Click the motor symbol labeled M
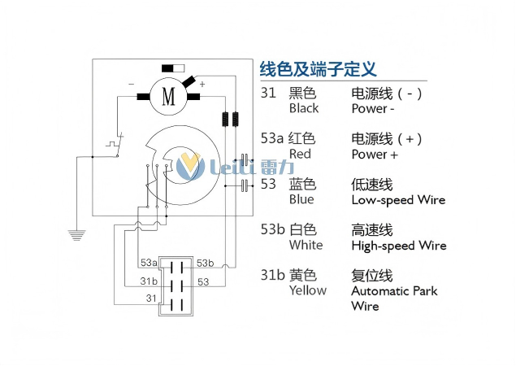click(169, 96)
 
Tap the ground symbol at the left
click(77, 235)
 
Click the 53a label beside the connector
click(149, 263)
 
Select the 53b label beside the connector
click(205, 263)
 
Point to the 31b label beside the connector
click(149, 281)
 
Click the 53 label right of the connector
click(203, 281)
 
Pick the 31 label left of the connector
click(150, 298)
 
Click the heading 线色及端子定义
click(318, 69)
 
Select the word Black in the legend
click(304, 108)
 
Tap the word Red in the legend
click(300, 154)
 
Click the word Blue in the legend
click(301, 199)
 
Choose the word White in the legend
click(306, 245)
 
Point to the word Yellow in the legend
click(307, 290)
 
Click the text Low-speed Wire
click(398, 199)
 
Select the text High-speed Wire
click(399, 245)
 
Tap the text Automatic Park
click(394, 290)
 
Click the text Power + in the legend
click(375, 154)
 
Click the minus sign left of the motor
click(132, 84)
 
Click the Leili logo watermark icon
click(192, 167)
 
